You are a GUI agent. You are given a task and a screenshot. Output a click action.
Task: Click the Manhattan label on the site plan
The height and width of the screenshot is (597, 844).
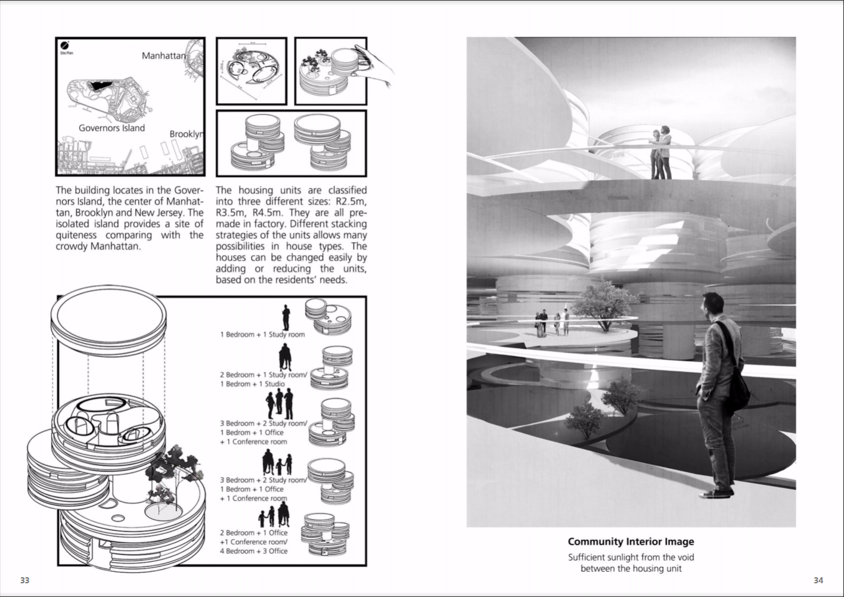click(x=163, y=55)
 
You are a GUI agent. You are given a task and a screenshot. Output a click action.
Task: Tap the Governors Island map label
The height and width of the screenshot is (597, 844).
click(x=111, y=128)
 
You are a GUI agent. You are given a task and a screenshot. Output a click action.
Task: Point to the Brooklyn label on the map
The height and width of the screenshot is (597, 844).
click(x=185, y=134)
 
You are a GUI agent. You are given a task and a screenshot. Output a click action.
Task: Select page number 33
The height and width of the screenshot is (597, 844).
click(x=24, y=580)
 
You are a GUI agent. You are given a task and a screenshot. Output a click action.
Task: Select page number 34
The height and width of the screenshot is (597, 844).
click(x=818, y=580)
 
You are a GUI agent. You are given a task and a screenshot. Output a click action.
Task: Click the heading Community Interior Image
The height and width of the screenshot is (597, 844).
click(x=631, y=542)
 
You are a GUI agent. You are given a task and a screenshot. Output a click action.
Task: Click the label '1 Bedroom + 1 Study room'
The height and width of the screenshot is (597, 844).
click(x=262, y=335)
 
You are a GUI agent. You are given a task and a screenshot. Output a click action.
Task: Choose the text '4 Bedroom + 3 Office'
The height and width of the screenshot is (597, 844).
click(x=253, y=551)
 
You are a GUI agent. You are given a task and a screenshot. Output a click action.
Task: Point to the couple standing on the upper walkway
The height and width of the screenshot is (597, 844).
click(x=661, y=152)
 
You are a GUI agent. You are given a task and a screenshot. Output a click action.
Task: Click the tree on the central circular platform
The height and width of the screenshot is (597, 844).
click(x=604, y=304)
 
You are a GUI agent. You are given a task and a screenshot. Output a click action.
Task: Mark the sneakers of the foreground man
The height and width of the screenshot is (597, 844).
click(x=717, y=493)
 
